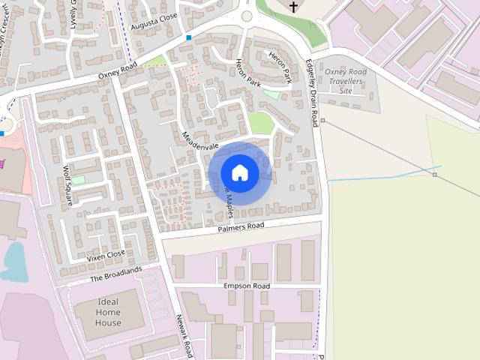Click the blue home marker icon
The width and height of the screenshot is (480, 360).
tap(239, 172)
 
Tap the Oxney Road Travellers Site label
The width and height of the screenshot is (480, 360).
tap(346, 81)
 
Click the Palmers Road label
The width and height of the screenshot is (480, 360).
tap(241, 226)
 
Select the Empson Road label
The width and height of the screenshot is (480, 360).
tap(246, 286)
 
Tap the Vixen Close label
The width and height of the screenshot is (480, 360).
tap(106, 256)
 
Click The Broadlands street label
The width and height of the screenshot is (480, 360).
tap(115, 274)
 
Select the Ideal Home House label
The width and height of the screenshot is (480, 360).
tap(108, 313)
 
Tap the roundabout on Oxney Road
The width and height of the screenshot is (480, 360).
tap(247, 16)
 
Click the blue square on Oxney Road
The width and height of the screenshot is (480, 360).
tap(189, 37)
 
